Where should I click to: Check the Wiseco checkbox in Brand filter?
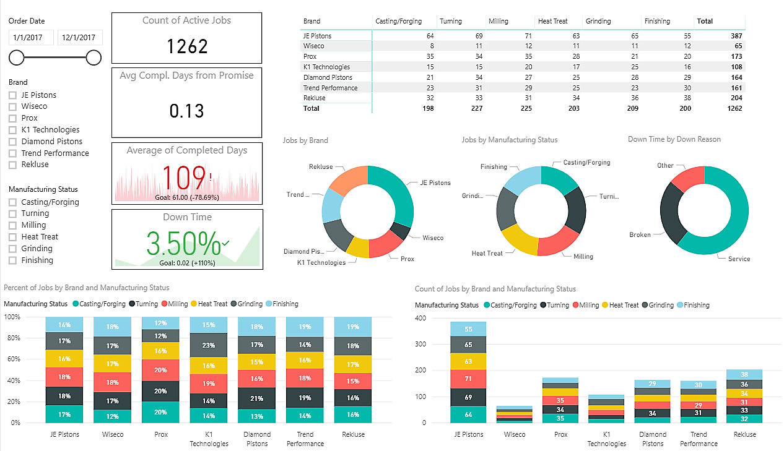12,106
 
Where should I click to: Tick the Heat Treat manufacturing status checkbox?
12,237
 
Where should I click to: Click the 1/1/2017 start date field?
31,38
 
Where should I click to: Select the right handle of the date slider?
94,58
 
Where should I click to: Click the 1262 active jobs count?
186,46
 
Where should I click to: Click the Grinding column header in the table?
598,21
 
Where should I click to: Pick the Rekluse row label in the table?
315,98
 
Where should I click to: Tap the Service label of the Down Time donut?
738,259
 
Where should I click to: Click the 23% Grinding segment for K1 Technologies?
209,346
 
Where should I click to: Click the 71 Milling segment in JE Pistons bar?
468,379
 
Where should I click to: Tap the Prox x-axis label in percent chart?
160,434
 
